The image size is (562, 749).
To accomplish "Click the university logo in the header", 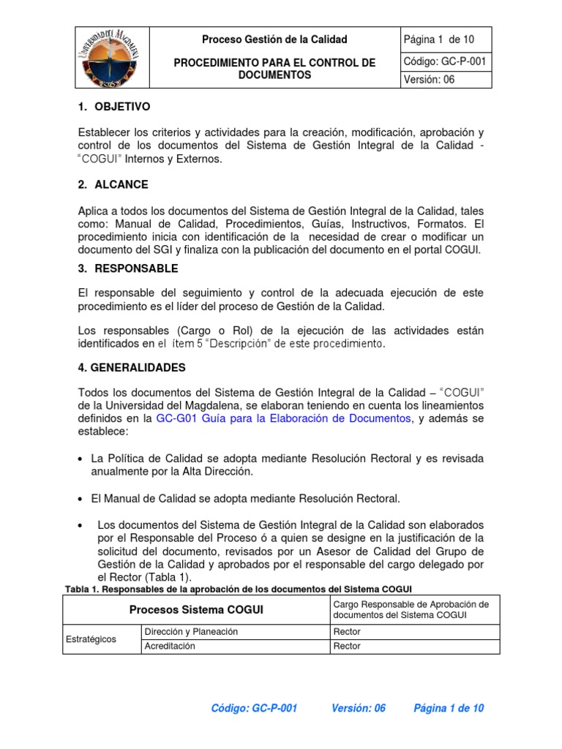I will tap(113, 58).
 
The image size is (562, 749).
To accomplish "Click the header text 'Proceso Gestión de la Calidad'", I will tap(274, 39).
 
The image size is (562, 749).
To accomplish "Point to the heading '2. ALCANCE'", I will tap(113, 184).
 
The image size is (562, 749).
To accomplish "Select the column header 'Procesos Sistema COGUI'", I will tap(197, 610).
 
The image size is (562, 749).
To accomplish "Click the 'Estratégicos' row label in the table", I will tap(91, 639).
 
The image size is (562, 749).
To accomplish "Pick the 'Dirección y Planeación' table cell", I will tap(191, 632).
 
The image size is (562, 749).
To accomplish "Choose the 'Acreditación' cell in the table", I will tap(170, 647).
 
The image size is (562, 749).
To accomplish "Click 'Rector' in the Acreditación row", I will tap(347, 647).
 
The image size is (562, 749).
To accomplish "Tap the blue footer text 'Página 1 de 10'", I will tap(449, 708).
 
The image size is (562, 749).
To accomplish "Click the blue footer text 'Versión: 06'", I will tap(359, 708).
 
